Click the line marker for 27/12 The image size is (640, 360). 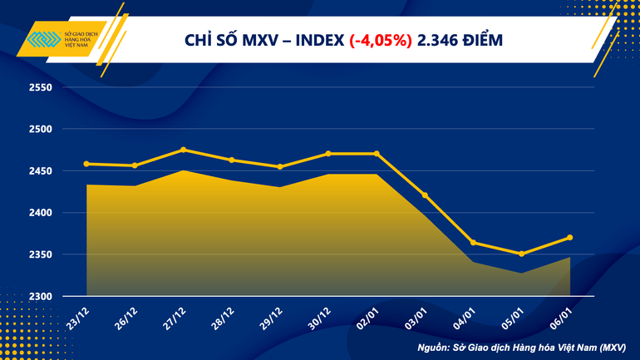point(183,150)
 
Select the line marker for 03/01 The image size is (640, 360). point(425,195)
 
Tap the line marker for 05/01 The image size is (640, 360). point(521,254)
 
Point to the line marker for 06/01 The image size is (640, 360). point(569,237)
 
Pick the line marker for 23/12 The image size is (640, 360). point(86,164)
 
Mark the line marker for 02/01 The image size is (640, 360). point(377,153)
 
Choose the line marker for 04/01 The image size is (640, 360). point(473,243)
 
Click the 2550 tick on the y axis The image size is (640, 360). point(40,87)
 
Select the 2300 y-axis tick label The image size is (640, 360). point(40,297)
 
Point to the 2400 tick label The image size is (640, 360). point(40,213)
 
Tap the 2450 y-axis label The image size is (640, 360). point(40,171)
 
